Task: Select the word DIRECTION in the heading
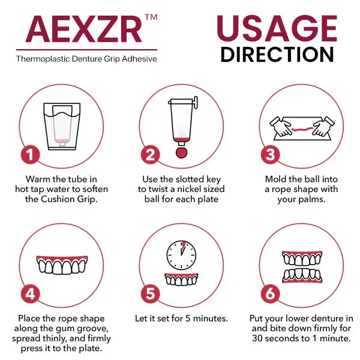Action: click(x=277, y=54)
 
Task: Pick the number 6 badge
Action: click(x=271, y=293)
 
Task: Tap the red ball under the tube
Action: click(x=181, y=152)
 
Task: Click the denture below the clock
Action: click(x=181, y=280)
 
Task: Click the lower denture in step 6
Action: click(x=302, y=275)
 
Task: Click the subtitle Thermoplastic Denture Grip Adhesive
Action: click(x=86, y=59)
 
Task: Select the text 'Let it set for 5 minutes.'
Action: click(x=180, y=319)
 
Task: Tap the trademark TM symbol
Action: click(x=151, y=17)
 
